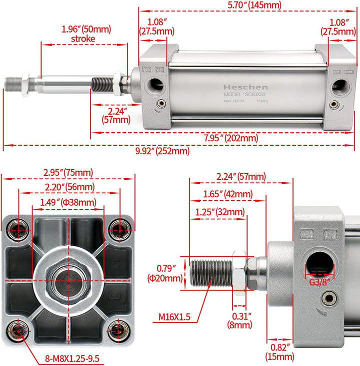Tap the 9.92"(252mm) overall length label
click(158, 150)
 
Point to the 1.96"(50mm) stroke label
click(86, 34)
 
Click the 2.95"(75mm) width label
click(68, 173)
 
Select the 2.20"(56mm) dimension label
click(69, 187)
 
